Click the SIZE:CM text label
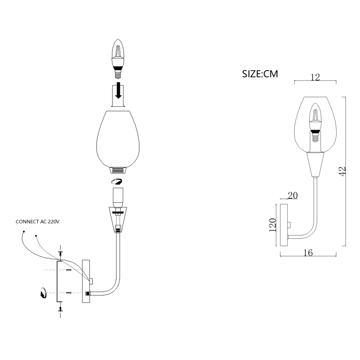click(260, 74)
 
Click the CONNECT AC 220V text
click(37, 222)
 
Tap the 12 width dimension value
click(315, 77)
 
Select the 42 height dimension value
click(342, 171)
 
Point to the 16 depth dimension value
click(308, 253)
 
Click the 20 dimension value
click(293, 196)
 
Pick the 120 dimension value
click(272, 225)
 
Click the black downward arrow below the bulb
click(118, 90)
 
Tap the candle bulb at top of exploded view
click(118, 59)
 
